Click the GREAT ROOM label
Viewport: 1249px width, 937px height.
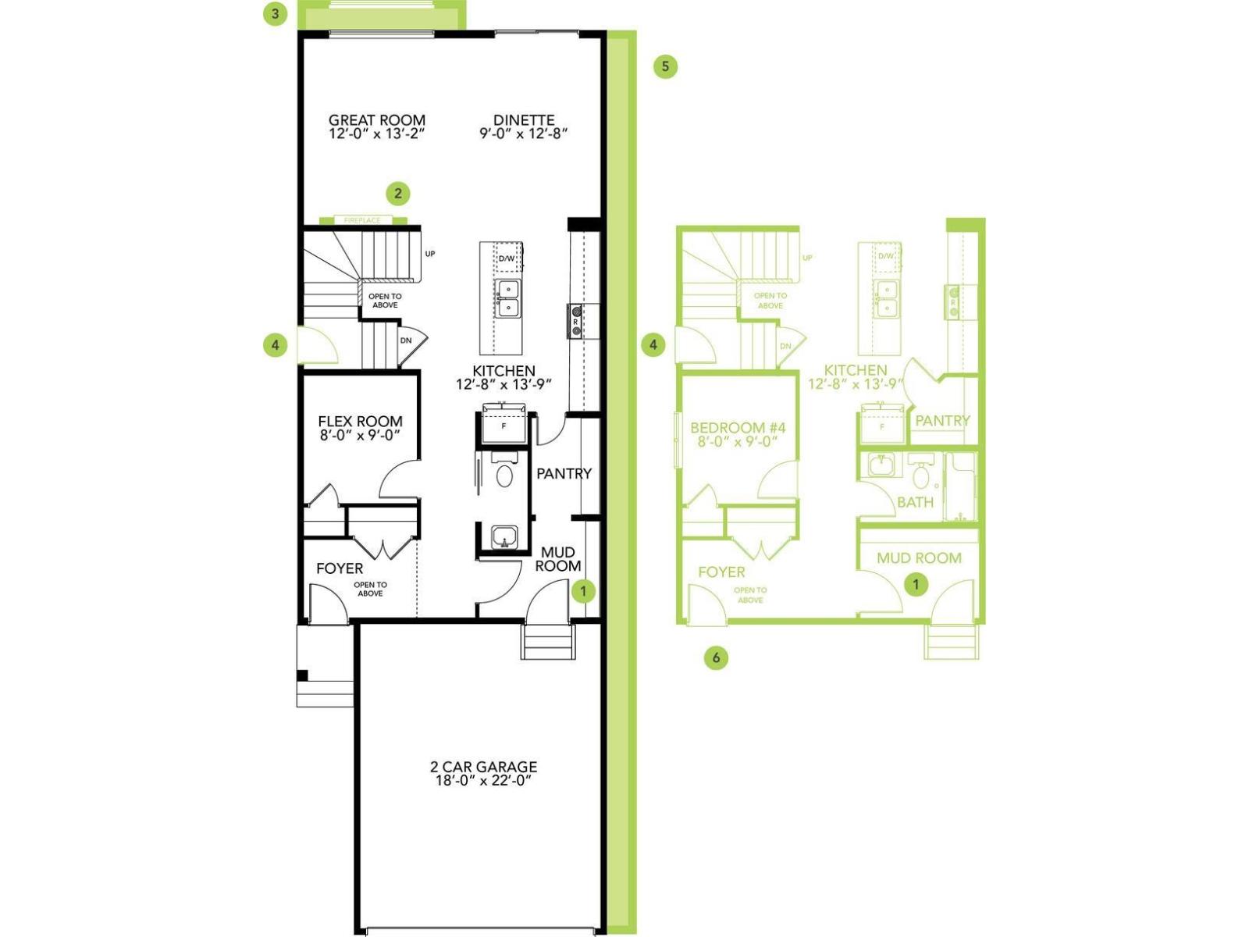pos(377,120)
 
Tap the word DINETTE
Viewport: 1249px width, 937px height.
pos(524,120)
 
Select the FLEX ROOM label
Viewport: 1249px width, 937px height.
pos(360,422)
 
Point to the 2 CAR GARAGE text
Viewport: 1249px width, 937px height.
pos(483,767)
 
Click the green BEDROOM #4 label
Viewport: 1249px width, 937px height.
pos(738,428)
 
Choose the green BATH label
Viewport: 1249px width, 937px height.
pos(915,502)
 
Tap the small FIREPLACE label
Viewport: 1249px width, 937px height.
pos(362,220)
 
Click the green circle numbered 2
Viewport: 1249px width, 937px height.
pos(398,193)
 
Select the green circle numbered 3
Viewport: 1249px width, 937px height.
pos(275,14)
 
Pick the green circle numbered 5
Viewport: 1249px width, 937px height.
pos(665,66)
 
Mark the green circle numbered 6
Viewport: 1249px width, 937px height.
pos(716,657)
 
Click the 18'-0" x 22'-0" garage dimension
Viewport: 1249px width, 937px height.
pos(483,781)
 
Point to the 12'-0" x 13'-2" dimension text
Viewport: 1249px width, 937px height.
pos(377,134)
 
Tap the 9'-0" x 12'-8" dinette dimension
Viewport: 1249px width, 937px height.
pos(524,134)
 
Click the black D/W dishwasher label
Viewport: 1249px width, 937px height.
pos(507,258)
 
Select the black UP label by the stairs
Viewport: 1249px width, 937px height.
pos(430,254)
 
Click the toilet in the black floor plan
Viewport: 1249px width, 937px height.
pos(504,474)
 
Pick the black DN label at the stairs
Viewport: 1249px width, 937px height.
pos(406,340)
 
